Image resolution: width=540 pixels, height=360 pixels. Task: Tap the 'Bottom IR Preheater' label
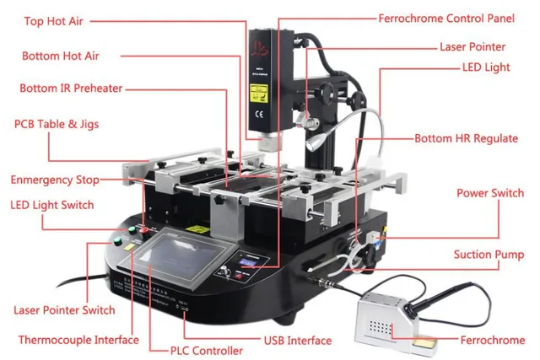pos(71,88)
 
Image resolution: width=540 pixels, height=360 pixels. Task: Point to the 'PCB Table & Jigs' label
pos(57,124)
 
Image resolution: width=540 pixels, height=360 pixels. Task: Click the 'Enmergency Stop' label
pos(54,180)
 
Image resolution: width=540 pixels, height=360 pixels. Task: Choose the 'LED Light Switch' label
pos(51,205)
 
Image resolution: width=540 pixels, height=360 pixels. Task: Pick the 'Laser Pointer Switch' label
pos(64,310)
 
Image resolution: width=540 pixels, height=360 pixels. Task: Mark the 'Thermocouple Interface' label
pos(78,340)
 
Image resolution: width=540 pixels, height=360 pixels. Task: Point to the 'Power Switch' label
pos(490,193)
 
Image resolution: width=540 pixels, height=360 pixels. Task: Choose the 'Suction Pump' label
pos(489,255)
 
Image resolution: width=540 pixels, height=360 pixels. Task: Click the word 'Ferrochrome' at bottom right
pos(493,341)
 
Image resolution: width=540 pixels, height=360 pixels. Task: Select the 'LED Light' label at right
pos(485,67)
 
